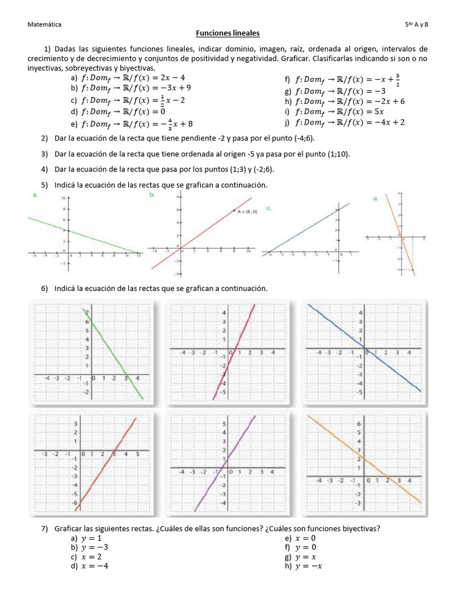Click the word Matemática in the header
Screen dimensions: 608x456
tap(45, 24)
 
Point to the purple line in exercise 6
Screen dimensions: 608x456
tap(232, 452)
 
